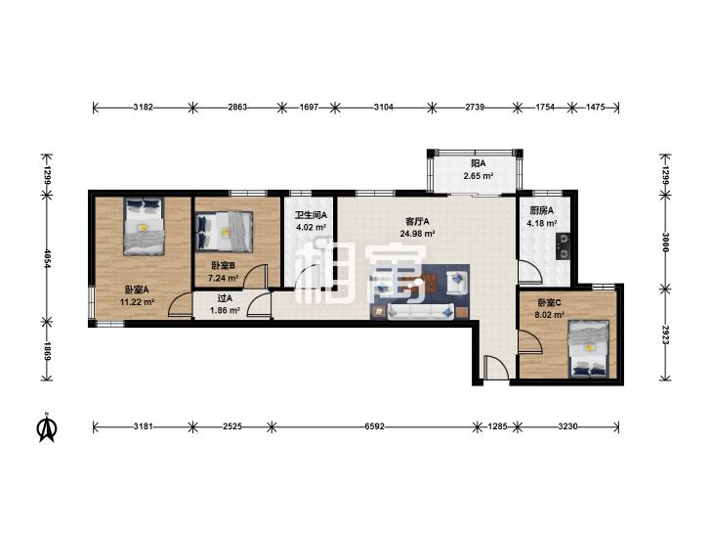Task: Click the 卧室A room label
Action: (x=137, y=290)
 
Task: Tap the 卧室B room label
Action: (x=223, y=265)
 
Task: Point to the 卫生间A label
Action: (x=311, y=215)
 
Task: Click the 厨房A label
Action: (x=542, y=210)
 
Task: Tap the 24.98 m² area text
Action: (x=418, y=234)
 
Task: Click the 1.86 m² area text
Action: (x=225, y=310)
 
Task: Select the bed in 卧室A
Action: (x=144, y=226)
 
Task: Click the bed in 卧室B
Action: (x=224, y=232)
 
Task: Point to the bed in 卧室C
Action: (x=589, y=348)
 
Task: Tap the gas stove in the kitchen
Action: (x=564, y=246)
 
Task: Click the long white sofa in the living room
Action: (x=421, y=311)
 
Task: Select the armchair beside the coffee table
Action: (x=458, y=282)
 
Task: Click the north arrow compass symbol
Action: (x=47, y=426)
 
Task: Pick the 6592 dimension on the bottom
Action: (x=375, y=426)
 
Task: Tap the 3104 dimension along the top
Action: (x=383, y=108)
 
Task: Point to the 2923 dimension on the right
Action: (x=665, y=334)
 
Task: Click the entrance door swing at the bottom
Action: (x=496, y=368)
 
